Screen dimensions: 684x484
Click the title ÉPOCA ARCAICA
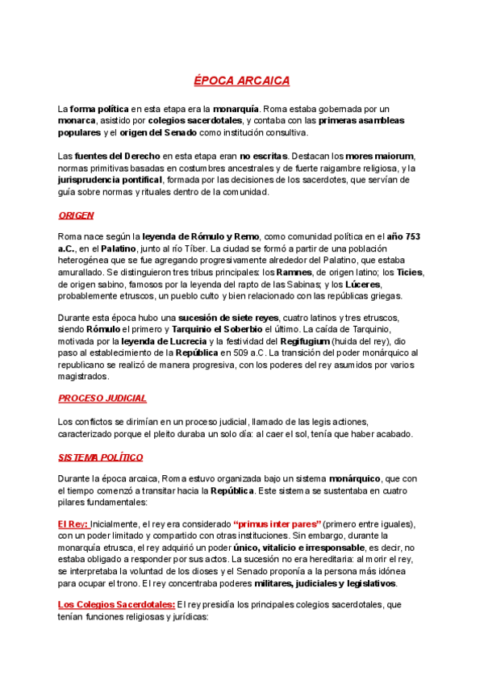pos(241,81)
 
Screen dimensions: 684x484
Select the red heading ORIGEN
pos(76,215)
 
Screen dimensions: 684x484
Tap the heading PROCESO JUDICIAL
pos(102,398)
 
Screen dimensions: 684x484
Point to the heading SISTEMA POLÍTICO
pos(101,457)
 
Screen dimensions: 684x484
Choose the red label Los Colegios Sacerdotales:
pos(115,604)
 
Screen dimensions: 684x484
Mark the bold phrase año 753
pos(403,236)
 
